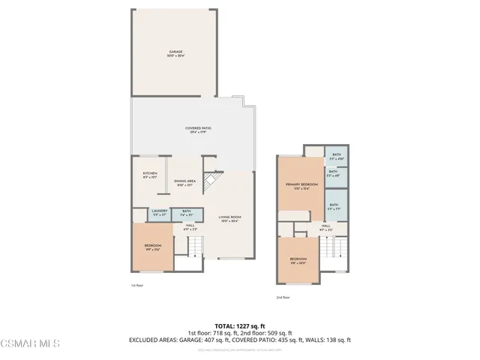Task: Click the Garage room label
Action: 175,53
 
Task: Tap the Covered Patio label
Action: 198,130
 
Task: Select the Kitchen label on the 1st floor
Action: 150,175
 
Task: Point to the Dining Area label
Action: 184,182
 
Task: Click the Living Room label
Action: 229,220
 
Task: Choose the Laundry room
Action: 158,213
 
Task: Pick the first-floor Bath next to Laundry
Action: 187,213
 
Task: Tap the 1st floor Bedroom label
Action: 153,247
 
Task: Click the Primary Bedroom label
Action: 298,186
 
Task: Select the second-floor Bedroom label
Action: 298,261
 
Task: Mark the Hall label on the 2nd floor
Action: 326,226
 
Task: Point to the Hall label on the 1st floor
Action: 190,227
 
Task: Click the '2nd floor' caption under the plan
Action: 283,298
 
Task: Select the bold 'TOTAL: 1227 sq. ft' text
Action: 239,325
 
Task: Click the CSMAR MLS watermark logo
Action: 30,343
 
